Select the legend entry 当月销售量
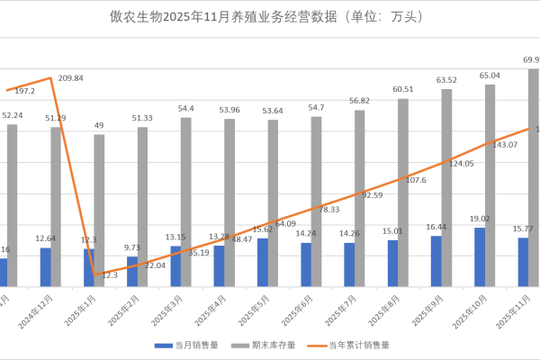[x=185, y=345]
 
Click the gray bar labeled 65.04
[x=490, y=184]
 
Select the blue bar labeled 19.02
[x=480, y=256]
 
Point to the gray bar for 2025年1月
[x=99, y=210]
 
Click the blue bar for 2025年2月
[x=132, y=271]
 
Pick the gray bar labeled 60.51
[x=403, y=192]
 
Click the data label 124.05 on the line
[x=461, y=164]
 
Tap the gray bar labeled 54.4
[x=185, y=202]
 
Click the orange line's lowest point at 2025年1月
[x=94, y=274]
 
